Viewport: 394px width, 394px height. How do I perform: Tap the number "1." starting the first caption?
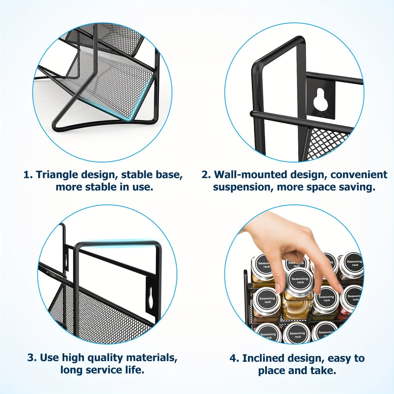pyautogui.click(x=28, y=175)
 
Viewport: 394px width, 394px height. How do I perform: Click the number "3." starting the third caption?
pyautogui.click(x=32, y=357)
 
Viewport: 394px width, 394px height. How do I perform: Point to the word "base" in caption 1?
pyautogui.click(x=168, y=175)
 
